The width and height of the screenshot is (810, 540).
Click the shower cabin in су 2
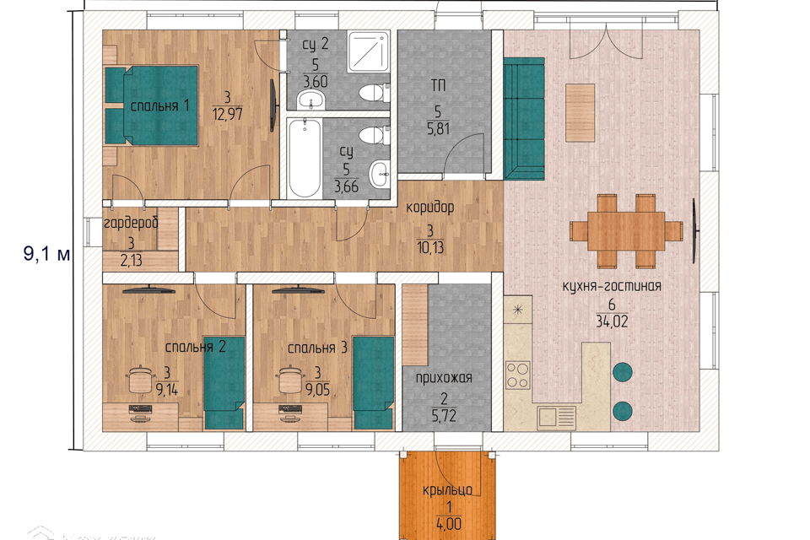tap(369, 51)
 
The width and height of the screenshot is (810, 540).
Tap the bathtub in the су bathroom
tap(305, 158)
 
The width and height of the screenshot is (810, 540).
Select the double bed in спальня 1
tap(151, 105)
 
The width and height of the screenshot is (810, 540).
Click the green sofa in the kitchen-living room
tap(524, 118)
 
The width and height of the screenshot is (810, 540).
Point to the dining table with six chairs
tap(626, 230)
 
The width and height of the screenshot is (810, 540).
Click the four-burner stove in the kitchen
tap(517, 375)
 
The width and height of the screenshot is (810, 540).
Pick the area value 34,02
tap(613, 322)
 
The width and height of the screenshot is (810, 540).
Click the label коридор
tap(429, 208)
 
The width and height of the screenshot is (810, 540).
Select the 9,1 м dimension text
tap(46, 254)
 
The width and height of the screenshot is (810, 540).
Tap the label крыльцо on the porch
tap(447, 489)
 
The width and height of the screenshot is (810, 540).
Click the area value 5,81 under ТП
tap(438, 128)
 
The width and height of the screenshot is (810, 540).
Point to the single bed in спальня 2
tap(224, 382)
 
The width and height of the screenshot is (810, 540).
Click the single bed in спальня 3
tap(374, 382)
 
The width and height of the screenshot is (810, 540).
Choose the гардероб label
tap(131, 224)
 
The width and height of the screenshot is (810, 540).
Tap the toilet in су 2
tap(374, 93)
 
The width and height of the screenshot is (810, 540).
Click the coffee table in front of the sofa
tap(580, 113)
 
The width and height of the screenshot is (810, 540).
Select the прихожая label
tap(444, 378)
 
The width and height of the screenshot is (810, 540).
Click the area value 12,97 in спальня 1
tap(227, 114)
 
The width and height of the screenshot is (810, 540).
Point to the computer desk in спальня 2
tap(141, 417)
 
